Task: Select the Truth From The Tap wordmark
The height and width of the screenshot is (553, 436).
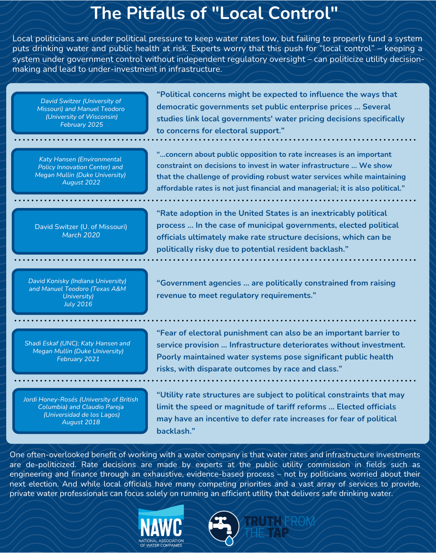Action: (279, 527)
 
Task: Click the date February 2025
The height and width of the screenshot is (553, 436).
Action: (81, 125)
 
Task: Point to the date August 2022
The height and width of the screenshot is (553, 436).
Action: (81, 182)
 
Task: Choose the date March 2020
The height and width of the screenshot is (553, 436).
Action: (81, 235)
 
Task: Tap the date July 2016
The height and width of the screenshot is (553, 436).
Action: (78, 304)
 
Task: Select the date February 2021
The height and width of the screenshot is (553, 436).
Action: (78, 359)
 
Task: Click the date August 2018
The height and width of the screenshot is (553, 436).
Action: (81, 422)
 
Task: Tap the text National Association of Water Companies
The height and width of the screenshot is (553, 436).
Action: (161, 543)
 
